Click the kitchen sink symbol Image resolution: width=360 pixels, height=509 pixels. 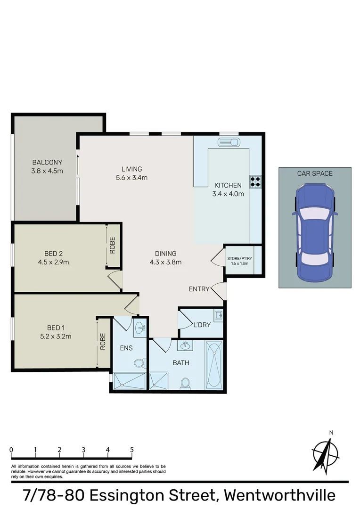[229, 142]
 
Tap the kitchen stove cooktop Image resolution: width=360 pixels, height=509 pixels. [255, 181]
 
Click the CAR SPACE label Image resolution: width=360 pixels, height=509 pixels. [315, 173]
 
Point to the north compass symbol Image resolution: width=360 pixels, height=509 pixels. [326, 453]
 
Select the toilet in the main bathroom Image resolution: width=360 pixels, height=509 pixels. [186, 382]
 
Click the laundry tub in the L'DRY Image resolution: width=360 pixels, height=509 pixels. [218, 315]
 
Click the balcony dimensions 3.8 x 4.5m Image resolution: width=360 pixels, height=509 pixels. [47, 171]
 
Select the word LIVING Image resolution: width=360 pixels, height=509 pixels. [131, 169]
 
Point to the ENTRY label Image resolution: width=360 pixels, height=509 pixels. [199, 289]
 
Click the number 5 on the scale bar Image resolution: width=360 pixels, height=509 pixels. [132, 450]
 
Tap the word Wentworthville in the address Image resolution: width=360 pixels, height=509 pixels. [280, 496]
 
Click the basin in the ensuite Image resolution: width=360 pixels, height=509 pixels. [139, 328]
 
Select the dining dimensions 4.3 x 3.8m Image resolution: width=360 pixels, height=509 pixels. [165, 263]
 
